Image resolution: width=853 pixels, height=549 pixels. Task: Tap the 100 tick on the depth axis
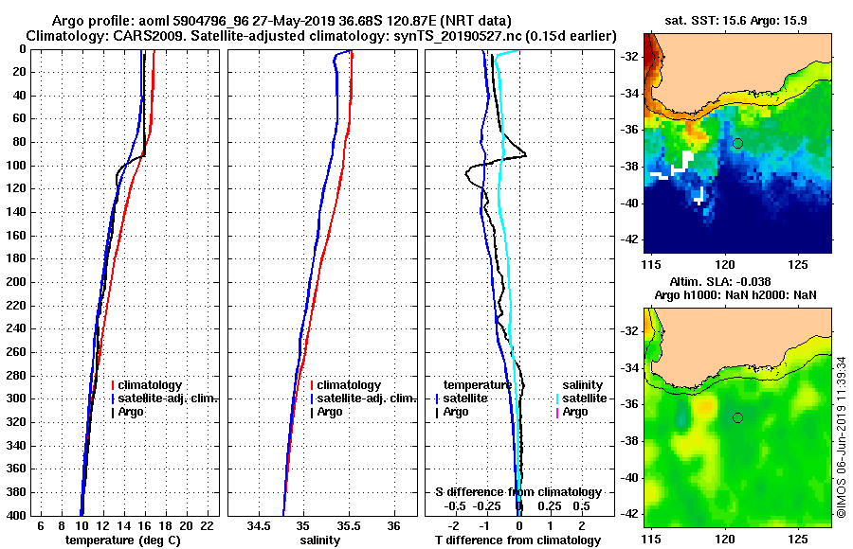pyautogui.click(x=18, y=166)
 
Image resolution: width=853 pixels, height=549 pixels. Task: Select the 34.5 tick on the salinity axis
pyautogui.click(x=258, y=525)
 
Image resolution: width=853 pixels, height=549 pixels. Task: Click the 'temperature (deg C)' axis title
pyautogui.click(x=122, y=540)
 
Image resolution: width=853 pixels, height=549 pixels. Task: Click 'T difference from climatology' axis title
pyautogui.click(x=517, y=540)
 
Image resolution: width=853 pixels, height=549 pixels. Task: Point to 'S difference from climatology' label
pyautogui.click(x=517, y=492)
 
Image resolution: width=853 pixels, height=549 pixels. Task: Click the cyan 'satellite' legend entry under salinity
pyautogui.click(x=585, y=398)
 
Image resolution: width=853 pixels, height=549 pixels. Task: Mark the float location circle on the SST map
pyautogui.click(x=737, y=143)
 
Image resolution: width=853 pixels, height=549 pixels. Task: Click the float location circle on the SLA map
pyautogui.click(x=737, y=417)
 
